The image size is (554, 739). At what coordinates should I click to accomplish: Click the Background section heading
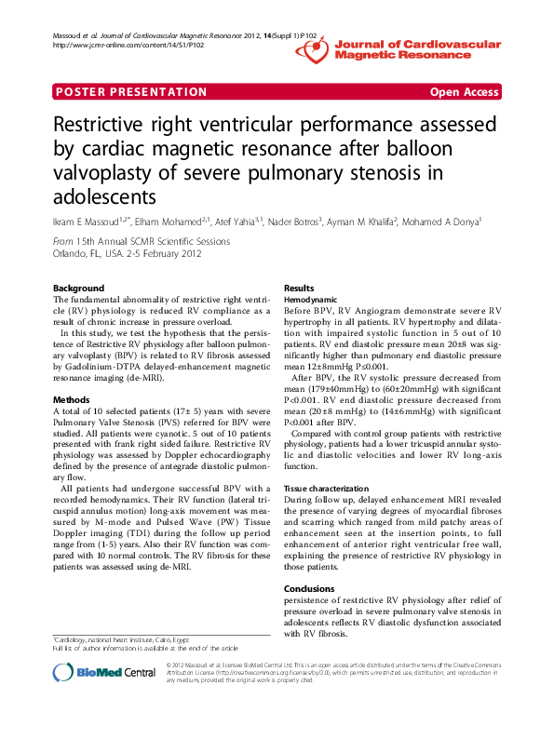79,289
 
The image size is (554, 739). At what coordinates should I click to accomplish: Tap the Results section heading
299,289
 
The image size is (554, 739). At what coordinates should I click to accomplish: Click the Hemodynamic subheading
311,300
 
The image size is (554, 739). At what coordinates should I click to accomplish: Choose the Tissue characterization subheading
328,489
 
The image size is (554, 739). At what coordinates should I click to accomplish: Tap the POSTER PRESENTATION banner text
131,92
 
